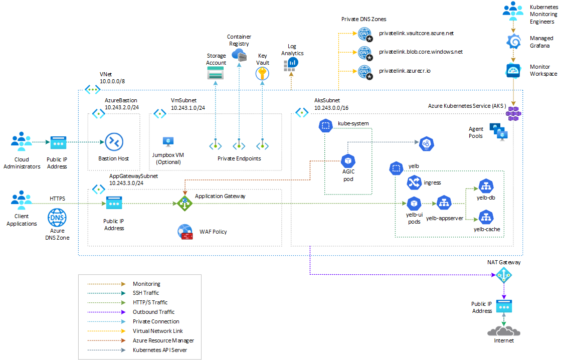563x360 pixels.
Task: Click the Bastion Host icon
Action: [114, 142]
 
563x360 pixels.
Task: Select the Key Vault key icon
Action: [262, 74]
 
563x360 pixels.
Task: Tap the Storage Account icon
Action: [216, 74]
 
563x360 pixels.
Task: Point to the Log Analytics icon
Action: [291, 64]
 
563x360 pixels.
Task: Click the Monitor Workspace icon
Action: [513, 71]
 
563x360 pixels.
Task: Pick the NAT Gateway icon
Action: [504, 274]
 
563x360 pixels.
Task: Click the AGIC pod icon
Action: [347, 161]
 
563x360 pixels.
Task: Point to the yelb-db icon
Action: [486, 187]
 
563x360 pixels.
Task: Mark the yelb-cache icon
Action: [486, 218]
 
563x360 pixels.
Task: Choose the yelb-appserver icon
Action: [444, 203]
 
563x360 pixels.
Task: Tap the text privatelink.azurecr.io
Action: [405, 71]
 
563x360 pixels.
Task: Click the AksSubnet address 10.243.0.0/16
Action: [331, 108]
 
